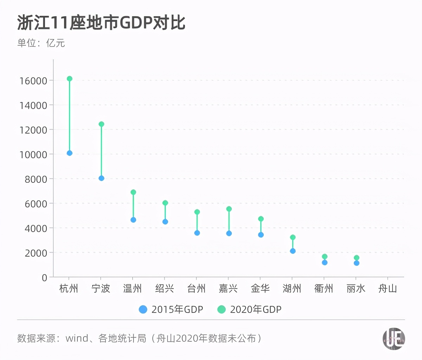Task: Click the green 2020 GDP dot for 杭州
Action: click(70, 79)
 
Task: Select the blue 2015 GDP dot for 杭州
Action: click(70, 153)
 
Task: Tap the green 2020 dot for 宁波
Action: click(101, 124)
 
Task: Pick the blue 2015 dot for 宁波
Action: click(101, 178)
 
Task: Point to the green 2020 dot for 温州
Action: click(133, 192)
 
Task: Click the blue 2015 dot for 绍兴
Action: click(165, 222)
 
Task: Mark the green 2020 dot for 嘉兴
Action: click(229, 209)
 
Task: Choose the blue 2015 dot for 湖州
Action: click(293, 251)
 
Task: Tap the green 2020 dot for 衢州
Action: click(325, 257)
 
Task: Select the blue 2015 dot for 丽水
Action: click(357, 263)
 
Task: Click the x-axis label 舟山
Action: click(388, 289)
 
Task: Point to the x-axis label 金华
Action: click(260, 289)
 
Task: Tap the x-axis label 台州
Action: click(196, 289)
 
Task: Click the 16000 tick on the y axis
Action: click(33, 81)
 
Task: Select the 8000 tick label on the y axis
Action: click(36, 179)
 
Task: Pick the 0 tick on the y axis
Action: click(44, 278)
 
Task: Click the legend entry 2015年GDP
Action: click(171, 309)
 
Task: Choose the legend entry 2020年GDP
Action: click(250, 309)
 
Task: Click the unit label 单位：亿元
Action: click(41, 43)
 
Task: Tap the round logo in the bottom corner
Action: click(394, 339)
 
